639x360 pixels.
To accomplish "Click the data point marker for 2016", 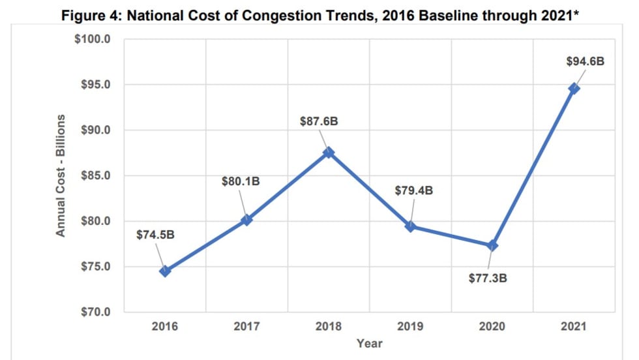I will click(x=165, y=271).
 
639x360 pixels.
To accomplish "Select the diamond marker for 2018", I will click(x=329, y=153).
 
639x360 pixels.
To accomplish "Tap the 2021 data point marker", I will click(x=574, y=89).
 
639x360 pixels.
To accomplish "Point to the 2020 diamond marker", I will click(x=492, y=246).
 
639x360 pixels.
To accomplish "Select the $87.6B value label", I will click(x=319, y=121).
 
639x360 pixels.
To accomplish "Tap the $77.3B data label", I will click(x=488, y=278).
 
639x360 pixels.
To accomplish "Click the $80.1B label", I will click(x=241, y=181).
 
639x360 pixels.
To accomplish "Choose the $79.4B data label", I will click(x=414, y=191).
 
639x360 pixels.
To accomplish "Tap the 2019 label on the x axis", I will click(x=410, y=326).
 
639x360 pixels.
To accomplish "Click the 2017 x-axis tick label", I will click(x=246, y=326).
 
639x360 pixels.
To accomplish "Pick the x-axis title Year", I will click(x=369, y=343).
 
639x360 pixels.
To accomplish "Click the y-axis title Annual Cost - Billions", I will click(x=61, y=175).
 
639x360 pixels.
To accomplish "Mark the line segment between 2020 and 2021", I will click(x=533, y=167).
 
